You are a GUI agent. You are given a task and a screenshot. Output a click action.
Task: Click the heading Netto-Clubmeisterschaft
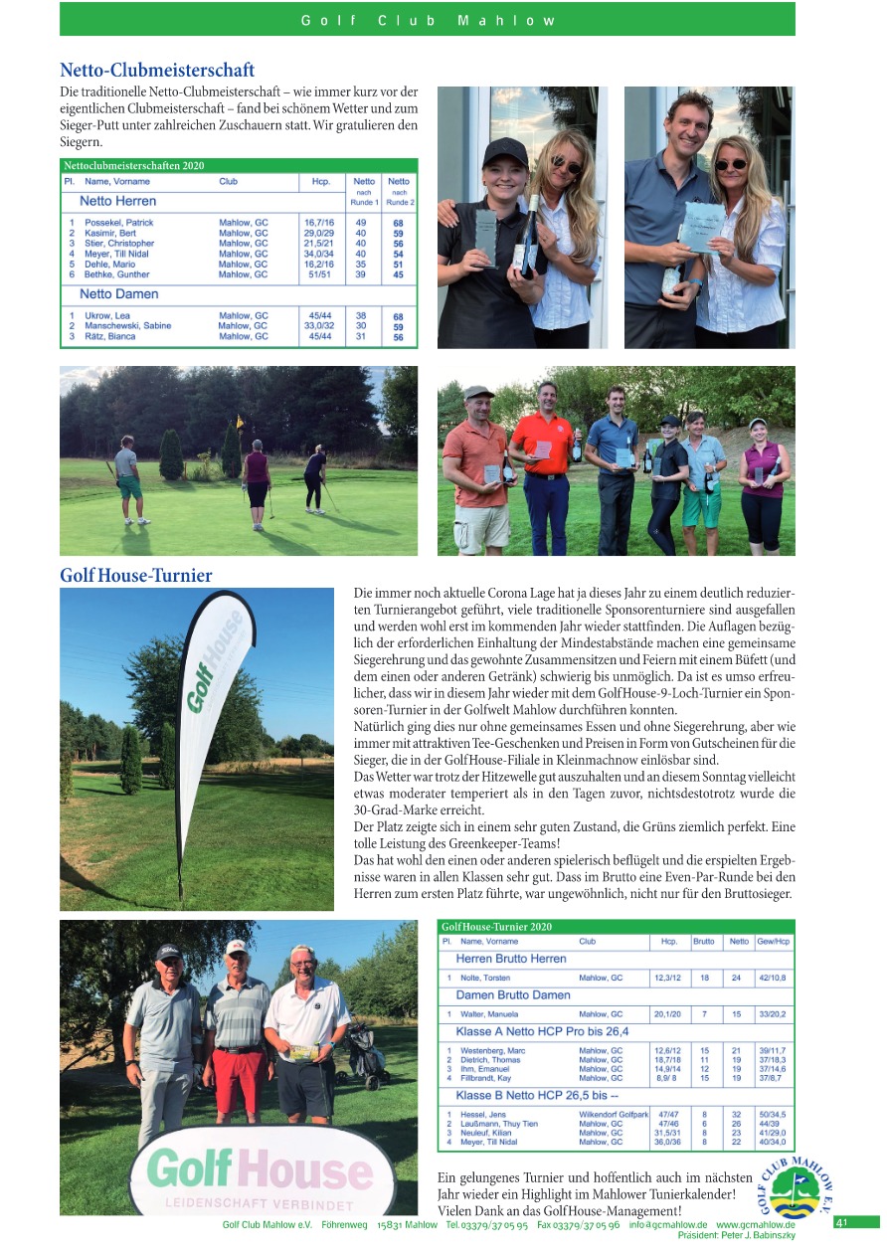157,71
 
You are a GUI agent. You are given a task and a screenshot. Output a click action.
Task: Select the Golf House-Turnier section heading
135,576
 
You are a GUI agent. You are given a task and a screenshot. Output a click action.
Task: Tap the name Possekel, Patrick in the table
119,223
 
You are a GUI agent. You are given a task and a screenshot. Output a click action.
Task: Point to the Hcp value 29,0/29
319,233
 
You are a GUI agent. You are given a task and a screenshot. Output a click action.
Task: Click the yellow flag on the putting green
239,422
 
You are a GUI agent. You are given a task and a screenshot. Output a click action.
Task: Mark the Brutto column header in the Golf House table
703,941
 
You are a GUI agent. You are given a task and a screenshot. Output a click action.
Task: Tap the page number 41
841,1222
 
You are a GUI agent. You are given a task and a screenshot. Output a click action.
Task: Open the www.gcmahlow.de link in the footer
755,1225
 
